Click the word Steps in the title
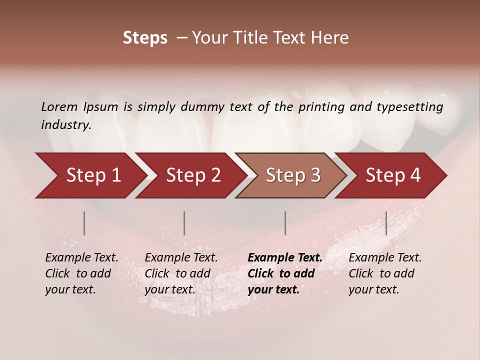[x=145, y=38]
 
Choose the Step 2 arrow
[x=190, y=175]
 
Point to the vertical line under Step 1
[x=84, y=223]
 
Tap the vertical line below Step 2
[x=184, y=223]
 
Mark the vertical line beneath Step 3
[x=285, y=223]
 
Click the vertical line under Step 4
[x=386, y=223]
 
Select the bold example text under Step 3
[x=285, y=273]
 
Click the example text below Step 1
[x=81, y=273]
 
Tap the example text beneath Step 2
[x=181, y=273]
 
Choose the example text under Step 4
[x=385, y=273]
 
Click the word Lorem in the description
[x=59, y=106]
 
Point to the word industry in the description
[x=66, y=125]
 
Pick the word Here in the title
[x=331, y=38]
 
